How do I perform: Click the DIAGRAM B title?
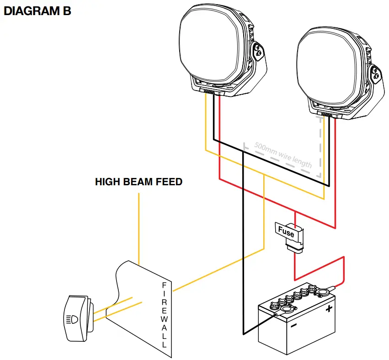tap(37, 11)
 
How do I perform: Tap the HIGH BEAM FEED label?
tap(139, 182)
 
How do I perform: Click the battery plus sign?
tap(328, 309)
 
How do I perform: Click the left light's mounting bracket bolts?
tap(259, 52)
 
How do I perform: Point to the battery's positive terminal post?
tap(325, 290)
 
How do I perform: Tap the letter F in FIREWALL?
tap(164, 285)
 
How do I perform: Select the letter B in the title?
tap(66, 11)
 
